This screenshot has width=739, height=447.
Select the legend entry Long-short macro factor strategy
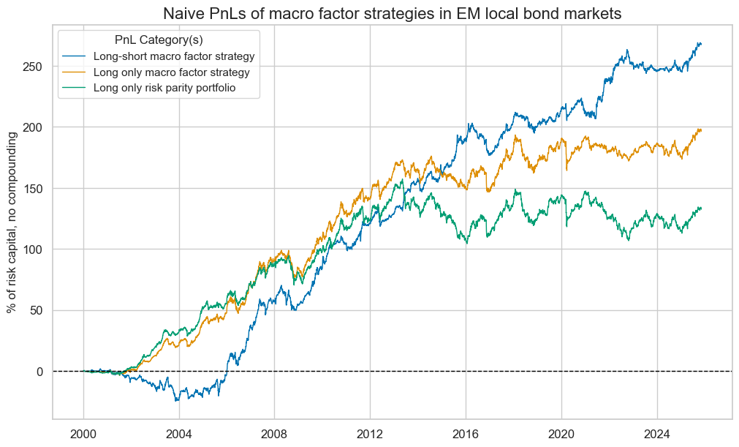[179, 56]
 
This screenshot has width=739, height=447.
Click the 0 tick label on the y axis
[39, 371]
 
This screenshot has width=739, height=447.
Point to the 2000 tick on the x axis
[83, 432]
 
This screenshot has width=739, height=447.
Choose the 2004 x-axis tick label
[179, 432]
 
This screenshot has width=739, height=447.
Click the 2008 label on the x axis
[275, 432]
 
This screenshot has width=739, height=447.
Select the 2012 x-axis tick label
[371, 432]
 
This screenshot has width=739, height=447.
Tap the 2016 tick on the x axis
[466, 432]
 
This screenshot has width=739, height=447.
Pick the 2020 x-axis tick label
[561, 432]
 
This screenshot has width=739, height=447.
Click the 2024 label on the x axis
[657, 432]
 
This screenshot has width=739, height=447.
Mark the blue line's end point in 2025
[701, 44]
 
